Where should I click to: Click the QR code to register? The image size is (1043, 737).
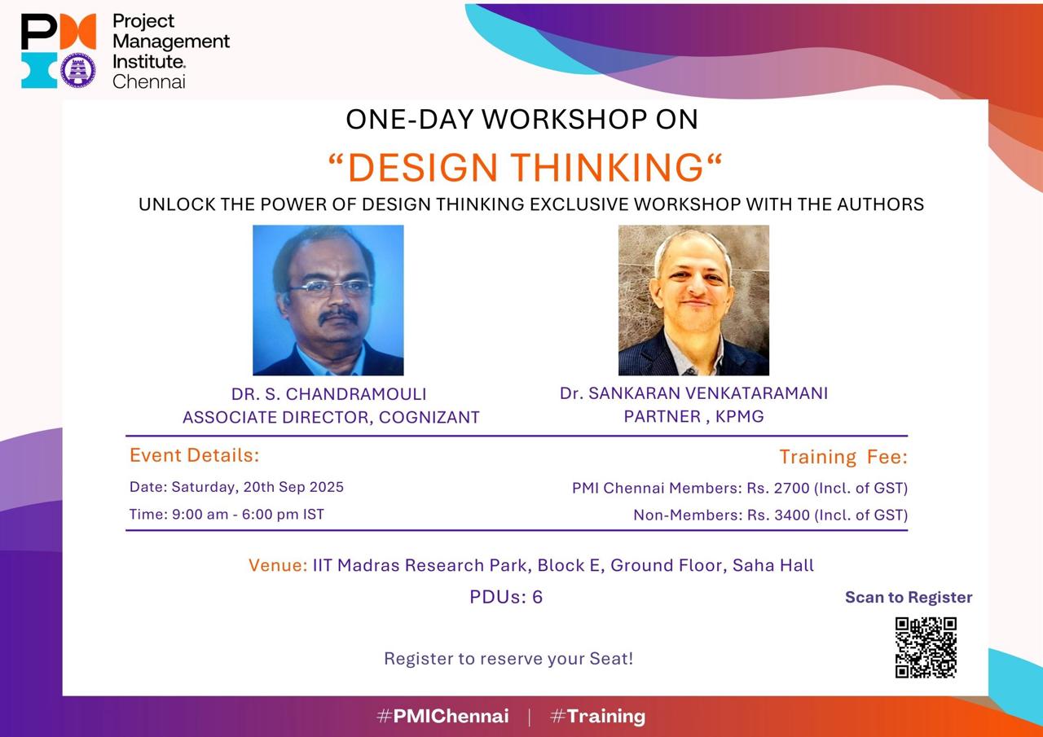pyautogui.click(x=926, y=647)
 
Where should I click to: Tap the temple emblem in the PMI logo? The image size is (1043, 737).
pyautogui.click(x=78, y=70)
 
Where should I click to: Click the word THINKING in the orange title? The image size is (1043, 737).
pyautogui.click(x=607, y=168)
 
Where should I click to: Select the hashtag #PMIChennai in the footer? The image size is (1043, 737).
pyautogui.click(x=442, y=716)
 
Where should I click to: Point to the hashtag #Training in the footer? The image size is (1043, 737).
pyautogui.click(x=597, y=717)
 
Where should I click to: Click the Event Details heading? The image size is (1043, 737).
pyautogui.click(x=194, y=455)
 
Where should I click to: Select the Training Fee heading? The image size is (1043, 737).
pyautogui.click(x=843, y=457)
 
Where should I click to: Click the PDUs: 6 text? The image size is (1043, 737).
pyautogui.click(x=506, y=597)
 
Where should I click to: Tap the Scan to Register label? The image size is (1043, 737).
pyautogui.click(x=909, y=598)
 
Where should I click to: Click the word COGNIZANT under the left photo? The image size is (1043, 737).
pyautogui.click(x=429, y=417)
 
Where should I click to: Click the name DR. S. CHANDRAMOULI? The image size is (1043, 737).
pyautogui.click(x=328, y=394)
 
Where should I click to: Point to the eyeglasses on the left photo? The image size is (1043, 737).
pyautogui.click(x=331, y=287)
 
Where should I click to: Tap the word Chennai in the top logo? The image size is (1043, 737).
pyautogui.click(x=149, y=81)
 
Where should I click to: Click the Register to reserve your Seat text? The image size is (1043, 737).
pyautogui.click(x=508, y=659)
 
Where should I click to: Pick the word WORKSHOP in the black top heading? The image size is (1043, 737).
pyautogui.click(x=565, y=120)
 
